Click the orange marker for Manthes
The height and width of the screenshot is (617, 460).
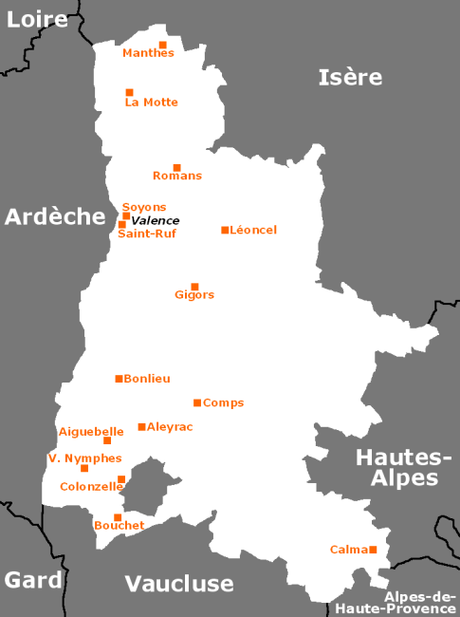click(x=162, y=45)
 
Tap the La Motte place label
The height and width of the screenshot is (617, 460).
click(x=151, y=103)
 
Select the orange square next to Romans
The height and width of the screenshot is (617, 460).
click(x=176, y=168)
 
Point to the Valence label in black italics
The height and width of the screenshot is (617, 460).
click(x=156, y=220)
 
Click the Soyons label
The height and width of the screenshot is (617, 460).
click(x=144, y=207)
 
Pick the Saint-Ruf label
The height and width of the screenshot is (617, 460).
click(x=146, y=234)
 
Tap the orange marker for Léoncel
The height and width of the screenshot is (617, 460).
click(x=225, y=230)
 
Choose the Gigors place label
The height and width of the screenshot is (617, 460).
click(x=194, y=295)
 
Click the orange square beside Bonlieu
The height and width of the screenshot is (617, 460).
click(x=119, y=379)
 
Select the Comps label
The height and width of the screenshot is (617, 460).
click(x=223, y=402)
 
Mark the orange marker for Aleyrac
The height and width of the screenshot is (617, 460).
click(x=141, y=427)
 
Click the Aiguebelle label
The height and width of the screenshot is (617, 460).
click(x=91, y=431)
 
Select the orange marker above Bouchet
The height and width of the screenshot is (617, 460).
click(x=118, y=517)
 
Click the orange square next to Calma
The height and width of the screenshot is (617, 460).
click(x=374, y=550)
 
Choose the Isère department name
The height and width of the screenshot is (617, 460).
click(x=350, y=78)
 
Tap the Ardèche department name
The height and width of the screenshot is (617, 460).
click(x=54, y=216)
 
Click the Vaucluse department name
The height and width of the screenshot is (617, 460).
click(x=178, y=583)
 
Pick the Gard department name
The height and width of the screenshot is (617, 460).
click(x=33, y=580)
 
